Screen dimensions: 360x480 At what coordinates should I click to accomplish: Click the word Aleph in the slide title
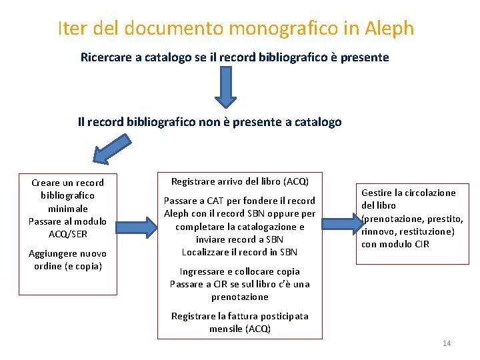(390, 29)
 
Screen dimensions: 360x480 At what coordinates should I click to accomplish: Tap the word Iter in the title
(71, 29)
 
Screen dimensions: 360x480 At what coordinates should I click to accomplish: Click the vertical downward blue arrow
(225, 87)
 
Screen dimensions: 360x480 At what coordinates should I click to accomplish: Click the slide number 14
(447, 343)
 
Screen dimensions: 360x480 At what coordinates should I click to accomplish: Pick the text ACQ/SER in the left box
(68, 234)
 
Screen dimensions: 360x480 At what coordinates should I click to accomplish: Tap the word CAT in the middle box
(215, 201)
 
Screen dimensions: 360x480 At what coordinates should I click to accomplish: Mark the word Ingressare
(203, 271)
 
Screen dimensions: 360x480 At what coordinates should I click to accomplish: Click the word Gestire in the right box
(377, 193)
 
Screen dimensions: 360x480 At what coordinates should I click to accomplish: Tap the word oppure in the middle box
(283, 213)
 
